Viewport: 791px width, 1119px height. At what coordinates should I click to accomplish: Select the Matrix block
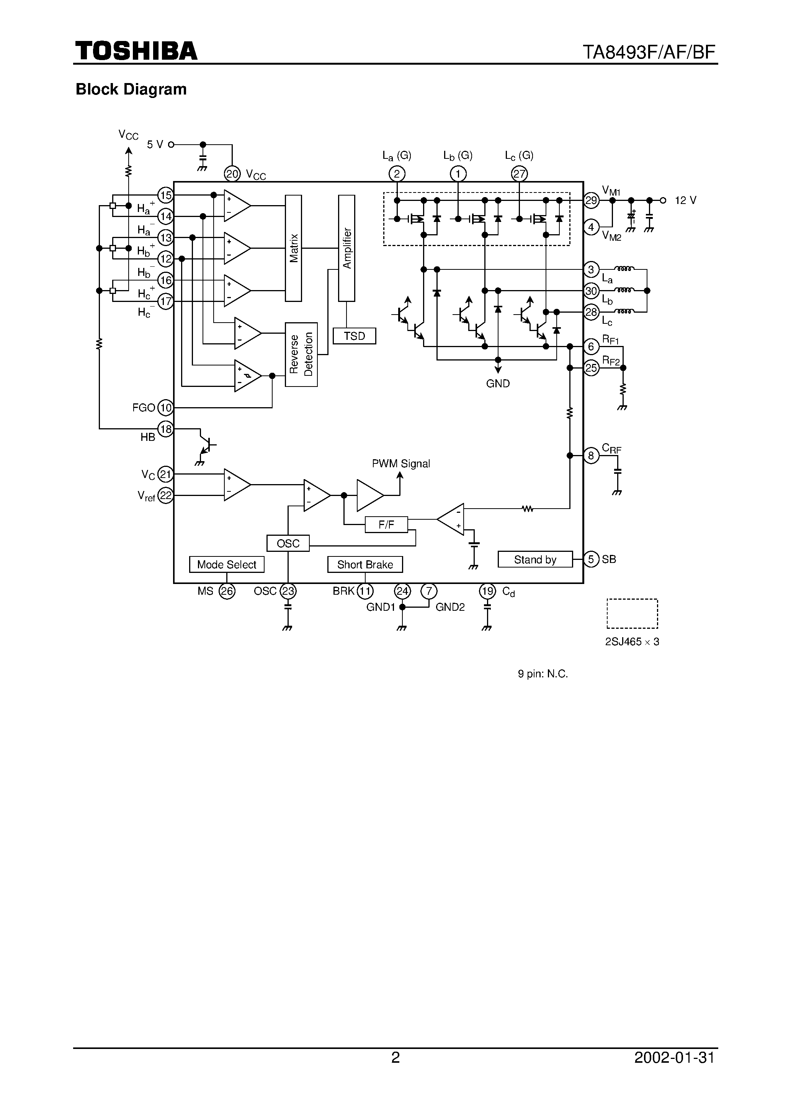[293, 248]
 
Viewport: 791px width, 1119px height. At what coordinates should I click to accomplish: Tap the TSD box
[354, 336]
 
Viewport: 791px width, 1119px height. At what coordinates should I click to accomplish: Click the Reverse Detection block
[301, 354]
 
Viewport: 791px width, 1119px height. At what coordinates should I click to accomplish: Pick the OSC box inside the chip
[288, 543]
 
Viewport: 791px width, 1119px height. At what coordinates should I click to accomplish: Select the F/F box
[386, 524]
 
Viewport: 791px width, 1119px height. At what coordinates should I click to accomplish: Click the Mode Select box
[226, 564]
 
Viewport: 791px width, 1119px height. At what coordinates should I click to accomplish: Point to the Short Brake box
[365, 564]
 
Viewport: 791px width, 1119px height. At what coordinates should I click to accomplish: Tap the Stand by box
[534, 559]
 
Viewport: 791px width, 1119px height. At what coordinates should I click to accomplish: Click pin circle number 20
[232, 174]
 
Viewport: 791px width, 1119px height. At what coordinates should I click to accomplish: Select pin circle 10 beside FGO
[166, 408]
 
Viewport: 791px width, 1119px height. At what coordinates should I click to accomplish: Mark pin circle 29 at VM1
[591, 200]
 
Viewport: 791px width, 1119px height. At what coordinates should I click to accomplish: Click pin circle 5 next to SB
[591, 559]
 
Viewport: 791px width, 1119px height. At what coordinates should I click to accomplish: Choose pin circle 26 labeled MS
[227, 591]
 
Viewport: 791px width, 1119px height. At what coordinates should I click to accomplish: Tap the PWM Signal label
[401, 463]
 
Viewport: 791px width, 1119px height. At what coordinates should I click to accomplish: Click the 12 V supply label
[685, 200]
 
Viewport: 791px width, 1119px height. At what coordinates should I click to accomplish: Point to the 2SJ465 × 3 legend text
[632, 642]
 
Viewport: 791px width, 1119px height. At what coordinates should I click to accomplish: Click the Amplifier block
[347, 248]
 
